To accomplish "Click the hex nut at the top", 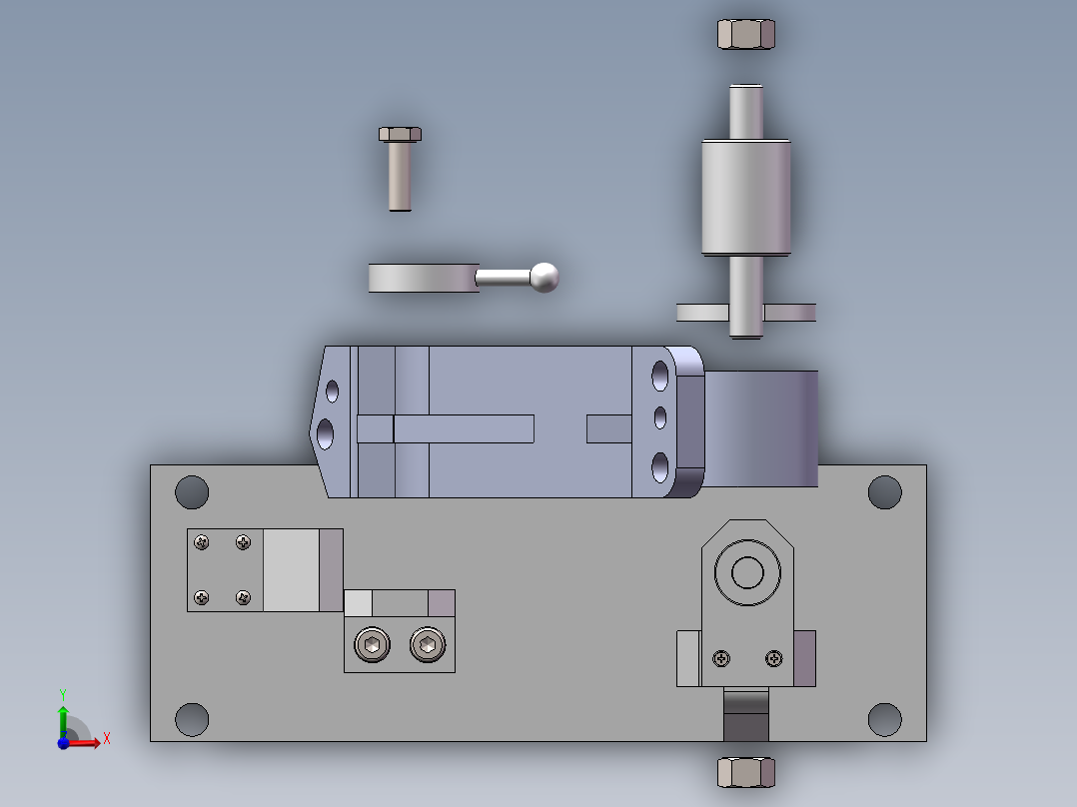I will tap(746, 34).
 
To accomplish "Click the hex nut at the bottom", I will tap(746, 772).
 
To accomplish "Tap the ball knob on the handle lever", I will tap(543, 277).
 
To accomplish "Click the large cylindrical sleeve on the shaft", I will tap(746, 197).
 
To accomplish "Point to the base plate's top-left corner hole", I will tap(192, 491).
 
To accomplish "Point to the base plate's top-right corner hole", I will tap(884, 491).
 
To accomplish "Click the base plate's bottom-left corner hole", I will tap(192, 719).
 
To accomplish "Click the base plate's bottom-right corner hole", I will tap(884, 719).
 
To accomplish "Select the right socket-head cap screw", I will tap(428, 646).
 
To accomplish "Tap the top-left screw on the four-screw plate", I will tap(203, 542).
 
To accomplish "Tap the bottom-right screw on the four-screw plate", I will tap(243, 597).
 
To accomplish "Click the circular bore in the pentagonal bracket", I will tap(746, 573).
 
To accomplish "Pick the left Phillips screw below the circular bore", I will tap(721, 658).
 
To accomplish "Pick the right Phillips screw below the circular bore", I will tap(773, 658).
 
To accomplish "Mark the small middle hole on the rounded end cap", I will tap(659, 414).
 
